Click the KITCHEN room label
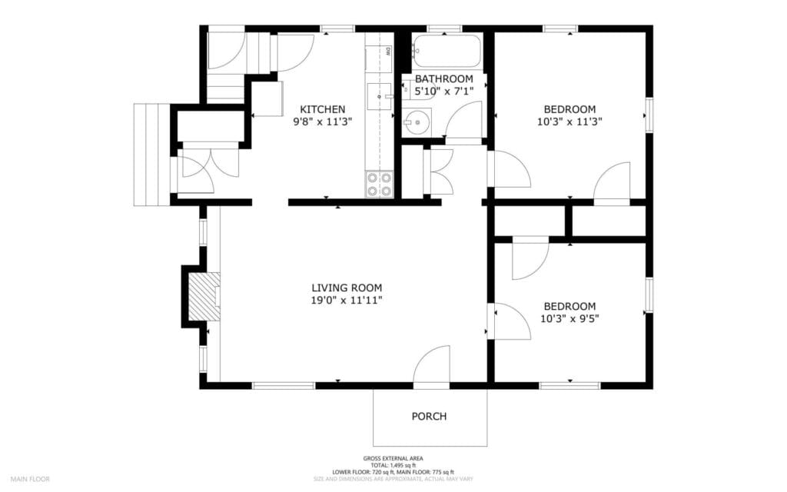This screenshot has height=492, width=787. click(x=322, y=109)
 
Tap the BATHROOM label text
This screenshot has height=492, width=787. click(x=443, y=79)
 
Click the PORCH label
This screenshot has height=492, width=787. click(x=429, y=417)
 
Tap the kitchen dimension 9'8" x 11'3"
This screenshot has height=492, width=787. click(x=322, y=121)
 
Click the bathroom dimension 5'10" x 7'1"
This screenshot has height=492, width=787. click(x=443, y=91)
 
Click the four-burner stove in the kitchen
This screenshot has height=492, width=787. click(x=379, y=184)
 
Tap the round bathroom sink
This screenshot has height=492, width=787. click(x=416, y=121)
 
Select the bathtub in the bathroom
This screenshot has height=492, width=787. click(x=447, y=51)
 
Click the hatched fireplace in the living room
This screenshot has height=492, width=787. click(x=204, y=296)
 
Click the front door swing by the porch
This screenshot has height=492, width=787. click(x=432, y=365)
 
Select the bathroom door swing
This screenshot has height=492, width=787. click(x=464, y=121)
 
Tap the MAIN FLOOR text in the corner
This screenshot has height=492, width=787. click(x=30, y=479)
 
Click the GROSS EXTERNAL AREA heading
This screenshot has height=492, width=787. click(x=393, y=459)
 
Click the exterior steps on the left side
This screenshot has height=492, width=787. click(x=151, y=154)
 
